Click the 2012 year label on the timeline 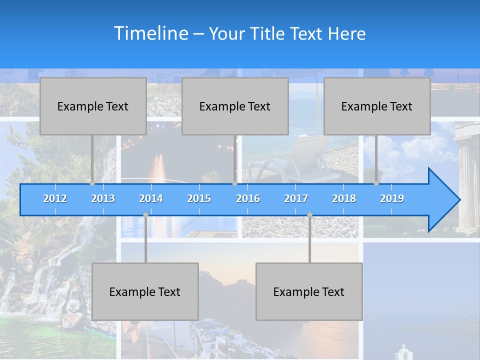[x=55, y=198]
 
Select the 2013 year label [x=103, y=198]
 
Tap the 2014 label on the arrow [x=151, y=198]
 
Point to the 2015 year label [x=199, y=198]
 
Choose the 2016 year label [x=248, y=198]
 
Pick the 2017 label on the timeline [x=296, y=198]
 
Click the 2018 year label [x=344, y=198]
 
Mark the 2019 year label [x=392, y=198]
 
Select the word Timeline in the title [x=150, y=33]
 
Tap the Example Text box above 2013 [x=93, y=106]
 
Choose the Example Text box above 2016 [x=235, y=106]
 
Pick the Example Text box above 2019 [x=377, y=106]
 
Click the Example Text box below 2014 [x=145, y=291]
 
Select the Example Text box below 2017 [x=309, y=291]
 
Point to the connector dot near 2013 [x=92, y=183]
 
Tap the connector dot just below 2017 [x=309, y=215]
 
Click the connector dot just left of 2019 [x=376, y=183]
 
